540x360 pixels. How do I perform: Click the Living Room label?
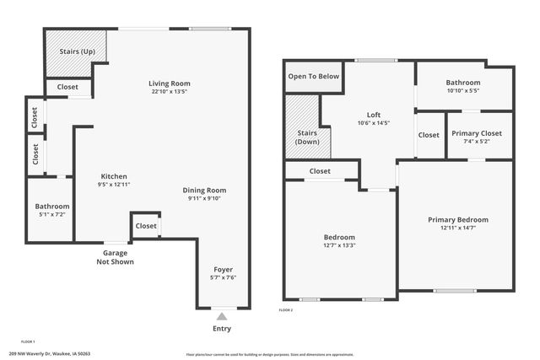pos(170,83)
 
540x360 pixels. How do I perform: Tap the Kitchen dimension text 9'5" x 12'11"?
pos(113,184)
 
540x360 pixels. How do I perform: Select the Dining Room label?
pos(205,190)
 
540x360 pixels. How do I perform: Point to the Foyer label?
pos(222,269)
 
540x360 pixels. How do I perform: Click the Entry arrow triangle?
pos(222,315)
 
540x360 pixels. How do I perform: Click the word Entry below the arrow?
pos(222,329)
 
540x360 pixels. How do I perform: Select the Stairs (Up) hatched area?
pos(76,51)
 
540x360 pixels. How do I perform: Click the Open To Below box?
pos(314,76)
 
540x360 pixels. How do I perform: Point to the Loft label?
pos(374,115)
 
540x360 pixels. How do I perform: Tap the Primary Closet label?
pos(477,133)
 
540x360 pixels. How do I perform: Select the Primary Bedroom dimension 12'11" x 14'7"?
pos(457,228)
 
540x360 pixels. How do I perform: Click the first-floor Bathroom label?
pos(52,207)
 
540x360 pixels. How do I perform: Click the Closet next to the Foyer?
pos(146,226)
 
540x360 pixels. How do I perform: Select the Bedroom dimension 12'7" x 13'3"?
pos(339,246)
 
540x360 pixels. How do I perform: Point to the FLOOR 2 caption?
pos(286,310)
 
